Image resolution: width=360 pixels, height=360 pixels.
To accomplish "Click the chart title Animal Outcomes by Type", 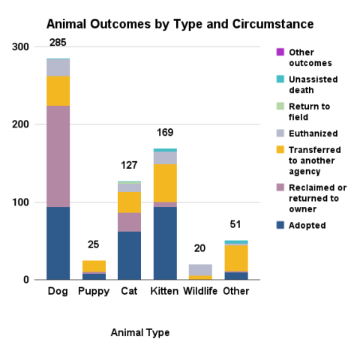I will click(180, 24).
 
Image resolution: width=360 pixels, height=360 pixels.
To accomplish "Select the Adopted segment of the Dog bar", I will click(58, 243).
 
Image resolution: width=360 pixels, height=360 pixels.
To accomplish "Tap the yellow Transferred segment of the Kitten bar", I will click(165, 183).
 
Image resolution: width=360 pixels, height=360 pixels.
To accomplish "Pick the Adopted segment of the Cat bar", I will click(129, 255).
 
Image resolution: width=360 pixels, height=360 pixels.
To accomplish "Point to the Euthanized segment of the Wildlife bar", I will click(200, 270).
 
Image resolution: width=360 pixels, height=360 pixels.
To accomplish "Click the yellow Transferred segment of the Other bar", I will click(236, 258).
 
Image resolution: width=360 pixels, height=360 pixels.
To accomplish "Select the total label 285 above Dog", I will click(58, 41).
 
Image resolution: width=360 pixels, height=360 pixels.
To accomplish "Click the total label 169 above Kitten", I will click(165, 132).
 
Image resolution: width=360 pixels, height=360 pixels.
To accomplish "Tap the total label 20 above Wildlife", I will click(200, 248).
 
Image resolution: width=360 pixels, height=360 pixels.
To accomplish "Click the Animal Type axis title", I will click(139, 332).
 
